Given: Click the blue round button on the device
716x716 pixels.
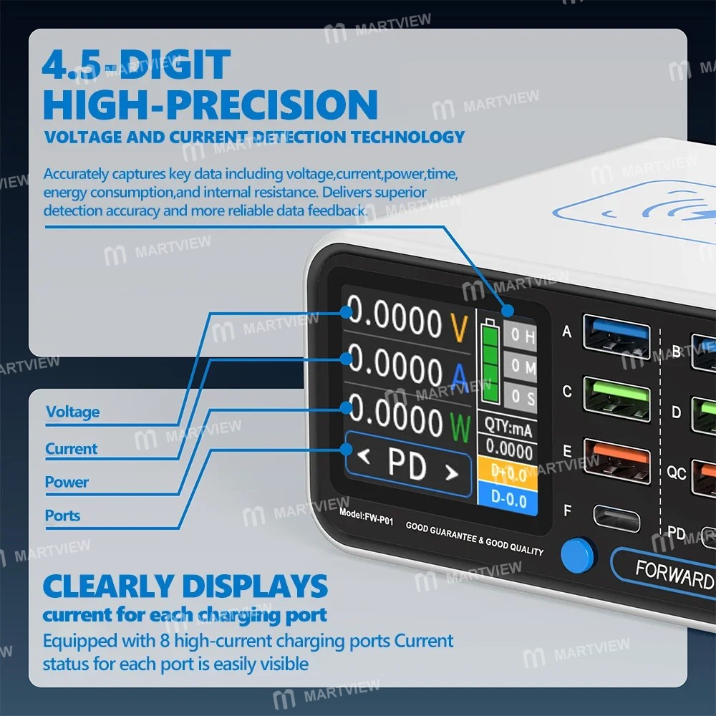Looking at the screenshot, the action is tap(577, 556).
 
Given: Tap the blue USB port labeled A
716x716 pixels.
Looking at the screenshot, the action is tap(617, 337).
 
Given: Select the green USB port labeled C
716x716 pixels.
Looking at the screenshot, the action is tap(617, 399).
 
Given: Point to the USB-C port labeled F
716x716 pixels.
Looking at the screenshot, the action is tap(616, 518).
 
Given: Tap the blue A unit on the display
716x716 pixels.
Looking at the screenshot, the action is tap(460, 377).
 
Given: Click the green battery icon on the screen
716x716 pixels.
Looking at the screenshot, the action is tap(490, 361).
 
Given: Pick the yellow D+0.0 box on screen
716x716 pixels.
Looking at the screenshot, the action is tap(507, 472).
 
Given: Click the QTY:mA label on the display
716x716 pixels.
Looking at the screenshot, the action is tap(508, 427).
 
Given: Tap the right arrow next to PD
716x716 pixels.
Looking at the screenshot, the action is tap(451, 472).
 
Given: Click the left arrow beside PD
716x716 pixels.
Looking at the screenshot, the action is tap(364, 455).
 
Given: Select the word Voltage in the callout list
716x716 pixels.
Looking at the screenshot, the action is tap(72, 412).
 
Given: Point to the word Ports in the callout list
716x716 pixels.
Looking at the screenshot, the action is tap(62, 516).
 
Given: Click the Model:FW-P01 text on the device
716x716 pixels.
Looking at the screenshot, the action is tap(366, 517).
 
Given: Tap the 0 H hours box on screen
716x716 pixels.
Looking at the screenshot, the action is tap(520, 335).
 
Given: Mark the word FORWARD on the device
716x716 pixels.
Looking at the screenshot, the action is tap(674, 574).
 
